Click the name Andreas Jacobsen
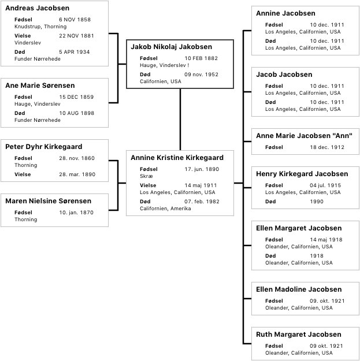click(x=38, y=8)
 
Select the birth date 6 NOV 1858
click(x=75, y=20)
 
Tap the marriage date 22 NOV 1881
click(x=76, y=36)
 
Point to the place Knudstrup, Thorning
click(x=40, y=27)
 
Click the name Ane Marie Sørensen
click(x=40, y=85)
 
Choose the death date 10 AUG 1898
click(x=77, y=113)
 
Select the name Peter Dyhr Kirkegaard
click(x=44, y=147)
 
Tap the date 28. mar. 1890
click(x=77, y=174)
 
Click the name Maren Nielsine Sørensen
click(x=49, y=201)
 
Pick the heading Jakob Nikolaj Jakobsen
click(x=172, y=47)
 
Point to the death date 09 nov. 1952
click(x=201, y=75)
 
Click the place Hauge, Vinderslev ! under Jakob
click(x=165, y=65)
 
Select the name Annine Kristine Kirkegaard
click(x=177, y=158)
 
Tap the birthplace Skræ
click(x=146, y=176)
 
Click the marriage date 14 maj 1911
click(x=201, y=185)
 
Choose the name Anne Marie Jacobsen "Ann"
click(x=305, y=136)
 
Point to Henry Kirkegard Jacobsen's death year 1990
click(x=317, y=202)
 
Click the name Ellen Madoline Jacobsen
click(x=299, y=289)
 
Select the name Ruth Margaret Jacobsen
click(x=299, y=334)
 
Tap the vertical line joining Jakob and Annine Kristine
click(x=180, y=120)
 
